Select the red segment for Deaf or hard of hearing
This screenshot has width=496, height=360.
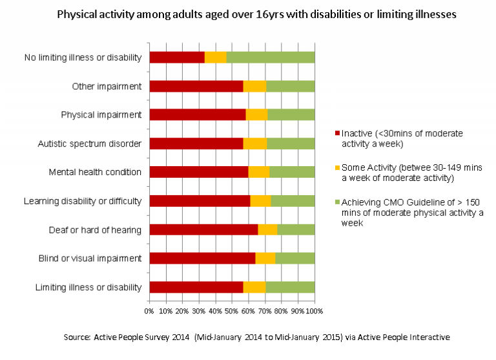203,229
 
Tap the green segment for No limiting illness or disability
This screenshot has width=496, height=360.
270,57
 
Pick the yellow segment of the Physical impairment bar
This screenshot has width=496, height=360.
256,114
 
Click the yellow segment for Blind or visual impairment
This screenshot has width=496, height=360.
265,259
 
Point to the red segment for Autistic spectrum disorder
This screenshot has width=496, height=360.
196,143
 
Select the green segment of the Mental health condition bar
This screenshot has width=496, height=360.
292,172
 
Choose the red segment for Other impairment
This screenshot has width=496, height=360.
196,86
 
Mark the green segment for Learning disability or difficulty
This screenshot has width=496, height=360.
293,201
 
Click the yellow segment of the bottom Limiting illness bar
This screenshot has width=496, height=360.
254,287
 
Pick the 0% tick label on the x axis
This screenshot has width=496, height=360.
149,311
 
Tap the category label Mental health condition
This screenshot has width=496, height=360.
95,172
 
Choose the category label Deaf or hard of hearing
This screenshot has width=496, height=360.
95,229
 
